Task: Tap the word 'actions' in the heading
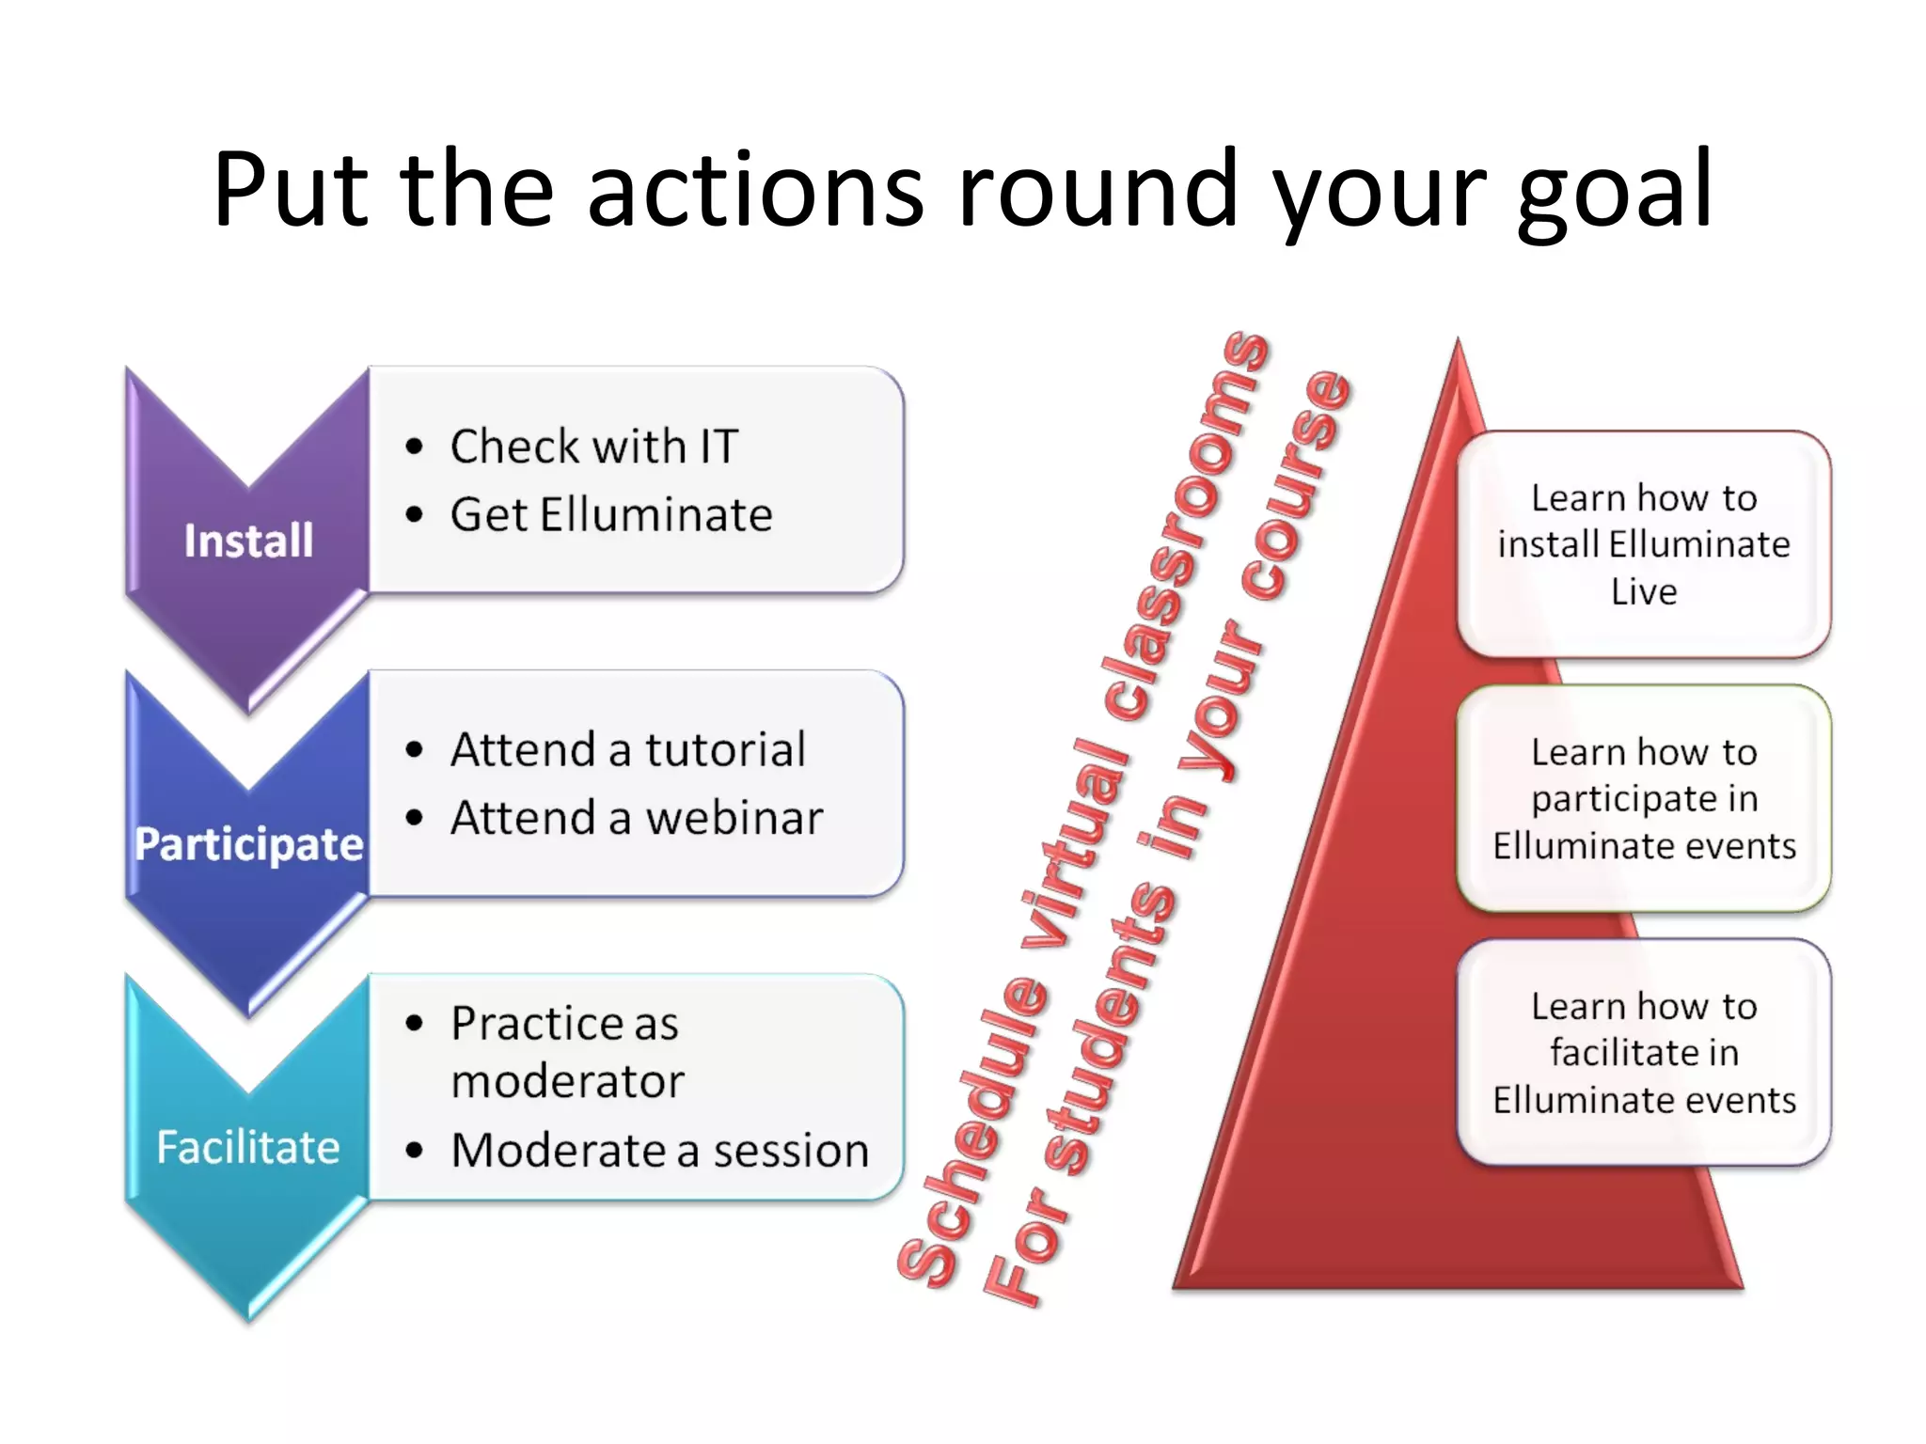coord(755,193)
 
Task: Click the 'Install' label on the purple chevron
coord(248,541)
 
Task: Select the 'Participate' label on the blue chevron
coord(248,843)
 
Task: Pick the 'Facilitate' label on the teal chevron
coord(248,1147)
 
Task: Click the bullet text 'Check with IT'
coord(594,446)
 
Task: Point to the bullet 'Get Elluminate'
coord(611,515)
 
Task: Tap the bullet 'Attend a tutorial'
coord(628,750)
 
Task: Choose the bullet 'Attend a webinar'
coord(637,818)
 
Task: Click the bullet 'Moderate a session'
coord(660,1150)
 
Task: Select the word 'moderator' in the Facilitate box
coord(568,1081)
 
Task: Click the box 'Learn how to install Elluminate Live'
coord(1644,544)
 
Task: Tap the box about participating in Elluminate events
coord(1644,798)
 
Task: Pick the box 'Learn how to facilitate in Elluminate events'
coord(1644,1052)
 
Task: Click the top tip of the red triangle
coord(1459,346)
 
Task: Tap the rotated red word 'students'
coord(1114,1025)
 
